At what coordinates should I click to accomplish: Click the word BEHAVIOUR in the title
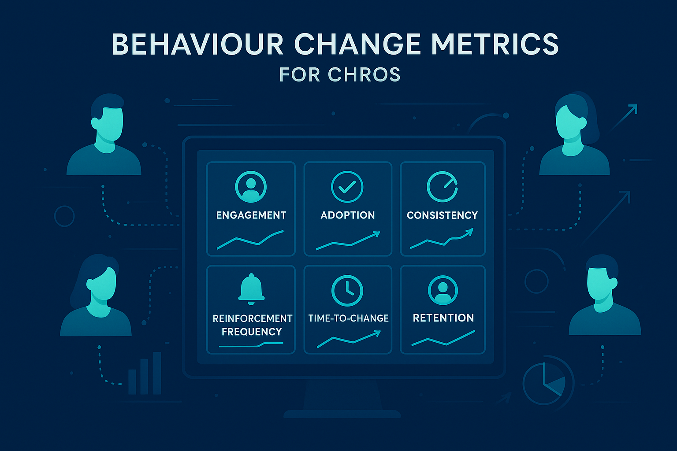pyautogui.click(x=197, y=44)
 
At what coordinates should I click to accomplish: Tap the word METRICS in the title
pyautogui.click(x=495, y=44)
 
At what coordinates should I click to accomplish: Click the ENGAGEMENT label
pyautogui.click(x=251, y=215)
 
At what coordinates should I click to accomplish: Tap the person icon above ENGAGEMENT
pyautogui.click(x=251, y=187)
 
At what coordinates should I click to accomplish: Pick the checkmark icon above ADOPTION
pyautogui.click(x=347, y=187)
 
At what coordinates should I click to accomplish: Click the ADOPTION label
pyautogui.click(x=348, y=215)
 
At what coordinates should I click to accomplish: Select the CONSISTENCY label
pyautogui.click(x=443, y=215)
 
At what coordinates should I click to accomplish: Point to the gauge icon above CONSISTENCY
pyautogui.click(x=443, y=187)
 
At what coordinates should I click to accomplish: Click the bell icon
pyautogui.click(x=251, y=289)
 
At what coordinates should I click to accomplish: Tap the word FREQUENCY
pyautogui.click(x=252, y=332)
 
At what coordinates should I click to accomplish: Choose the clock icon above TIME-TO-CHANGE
pyautogui.click(x=347, y=291)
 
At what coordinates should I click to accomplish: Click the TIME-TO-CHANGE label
pyautogui.click(x=348, y=318)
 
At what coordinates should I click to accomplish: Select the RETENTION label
pyautogui.click(x=443, y=318)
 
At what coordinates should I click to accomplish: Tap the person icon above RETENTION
pyautogui.click(x=443, y=290)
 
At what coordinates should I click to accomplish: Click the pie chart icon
pyautogui.click(x=547, y=381)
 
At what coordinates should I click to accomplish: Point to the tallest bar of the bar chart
pyautogui.click(x=157, y=373)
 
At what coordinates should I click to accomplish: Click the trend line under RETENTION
pyautogui.click(x=443, y=339)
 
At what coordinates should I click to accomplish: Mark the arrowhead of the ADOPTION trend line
pyautogui.click(x=376, y=234)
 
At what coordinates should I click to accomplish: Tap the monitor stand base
pyautogui.click(x=342, y=414)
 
